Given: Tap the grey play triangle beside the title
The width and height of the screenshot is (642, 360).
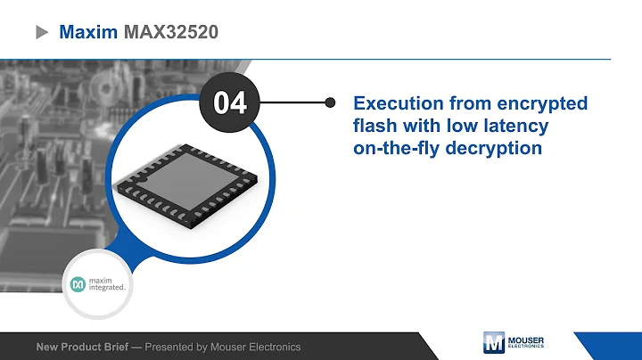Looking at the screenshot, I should pyautogui.click(x=41, y=32).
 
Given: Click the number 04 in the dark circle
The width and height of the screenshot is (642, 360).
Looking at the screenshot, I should pyautogui.click(x=229, y=103).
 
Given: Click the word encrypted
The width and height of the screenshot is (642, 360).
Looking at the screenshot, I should pyautogui.click(x=544, y=103).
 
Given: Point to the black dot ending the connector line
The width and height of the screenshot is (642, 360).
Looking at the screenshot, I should pyautogui.click(x=331, y=103).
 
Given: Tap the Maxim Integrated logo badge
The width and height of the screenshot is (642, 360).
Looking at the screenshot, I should pyautogui.click(x=101, y=286).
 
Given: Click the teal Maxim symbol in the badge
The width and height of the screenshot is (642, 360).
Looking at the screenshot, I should pyautogui.click(x=78, y=285).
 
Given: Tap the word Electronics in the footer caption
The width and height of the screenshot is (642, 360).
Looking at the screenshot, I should pyautogui.click(x=273, y=347).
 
